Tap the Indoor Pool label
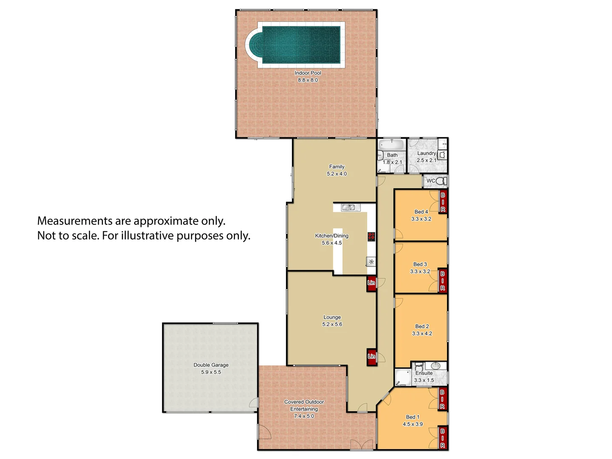(x=308, y=73)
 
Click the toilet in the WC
(x=441, y=181)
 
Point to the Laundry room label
(x=426, y=153)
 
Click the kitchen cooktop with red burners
(x=371, y=237)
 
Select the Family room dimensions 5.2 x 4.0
(x=337, y=174)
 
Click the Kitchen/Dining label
(x=331, y=236)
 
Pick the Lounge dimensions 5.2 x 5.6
(x=332, y=324)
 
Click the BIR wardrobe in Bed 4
(x=443, y=202)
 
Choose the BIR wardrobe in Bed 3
(x=442, y=281)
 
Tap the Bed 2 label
(x=422, y=326)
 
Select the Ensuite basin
(x=435, y=366)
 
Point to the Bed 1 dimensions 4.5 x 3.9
(x=413, y=424)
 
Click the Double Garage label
(x=211, y=365)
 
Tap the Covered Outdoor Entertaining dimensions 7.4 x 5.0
(x=304, y=416)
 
